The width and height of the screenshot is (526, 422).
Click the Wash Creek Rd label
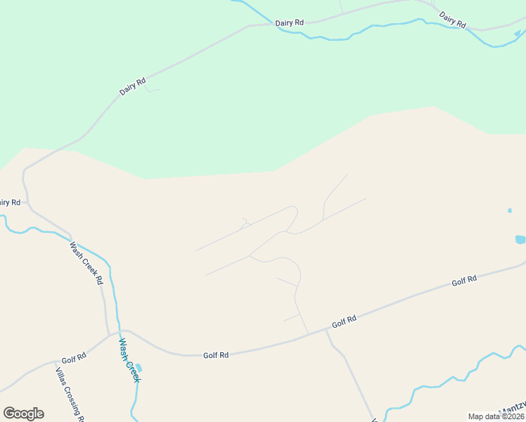[x=86, y=264]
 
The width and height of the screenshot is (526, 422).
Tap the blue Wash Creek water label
[x=129, y=360]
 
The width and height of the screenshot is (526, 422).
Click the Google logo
[x=23, y=414]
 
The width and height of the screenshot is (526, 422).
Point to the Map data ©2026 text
[x=496, y=416]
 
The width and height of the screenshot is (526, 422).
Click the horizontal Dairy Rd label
[x=290, y=23]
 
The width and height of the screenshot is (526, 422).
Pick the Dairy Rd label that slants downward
[x=452, y=20]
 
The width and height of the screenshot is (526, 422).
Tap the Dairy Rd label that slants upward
[x=132, y=85]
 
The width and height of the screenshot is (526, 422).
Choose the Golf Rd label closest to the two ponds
[x=464, y=280]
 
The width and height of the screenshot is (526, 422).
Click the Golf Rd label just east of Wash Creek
[x=215, y=355]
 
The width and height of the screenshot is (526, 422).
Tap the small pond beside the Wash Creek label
[x=139, y=368]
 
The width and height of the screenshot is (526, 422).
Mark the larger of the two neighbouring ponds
[x=520, y=239]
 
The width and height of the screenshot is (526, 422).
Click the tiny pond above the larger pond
[x=509, y=210]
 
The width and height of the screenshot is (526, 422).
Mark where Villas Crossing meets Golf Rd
[x=56, y=364]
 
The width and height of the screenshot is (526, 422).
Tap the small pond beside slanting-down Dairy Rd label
[x=519, y=32]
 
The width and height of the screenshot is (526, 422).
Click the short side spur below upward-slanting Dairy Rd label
[x=153, y=90]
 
